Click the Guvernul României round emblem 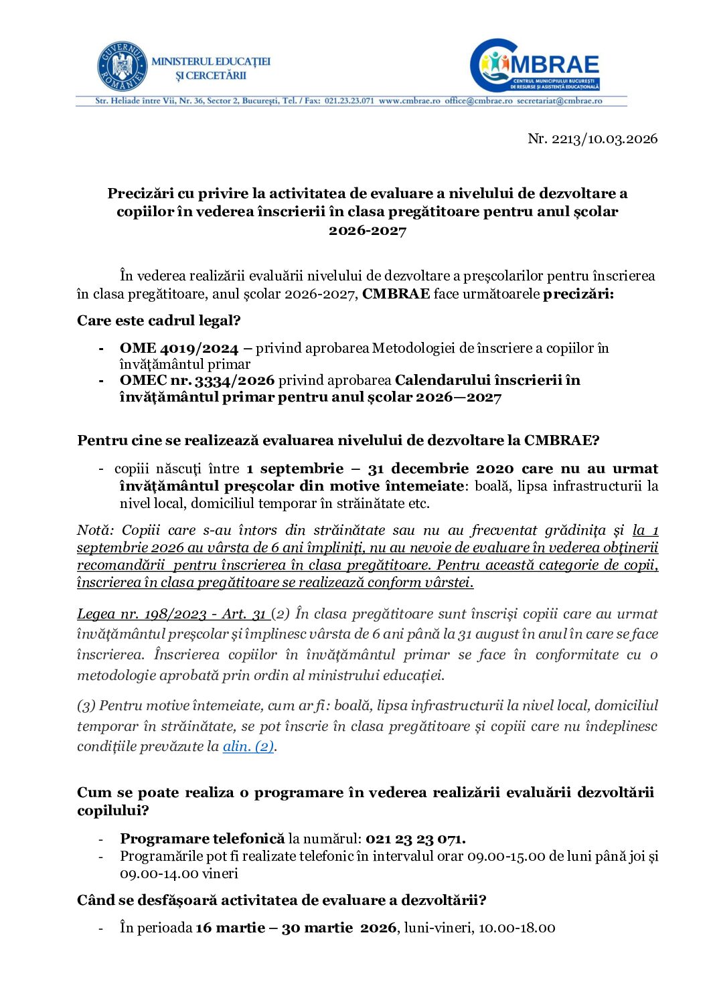click(x=122, y=66)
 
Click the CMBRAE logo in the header click(x=536, y=65)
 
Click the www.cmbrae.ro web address click(x=409, y=101)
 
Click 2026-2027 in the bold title click(x=367, y=230)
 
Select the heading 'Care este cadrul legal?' click(x=159, y=320)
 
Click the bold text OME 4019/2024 click(x=179, y=348)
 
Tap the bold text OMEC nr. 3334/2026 click(x=197, y=380)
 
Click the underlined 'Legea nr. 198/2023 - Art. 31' click(x=172, y=614)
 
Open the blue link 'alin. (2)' click(x=248, y=746)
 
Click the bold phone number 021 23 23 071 click(x=415, y=839)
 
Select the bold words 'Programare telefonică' click(x=202, y=839)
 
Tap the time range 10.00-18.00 click(x=516, y=928)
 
